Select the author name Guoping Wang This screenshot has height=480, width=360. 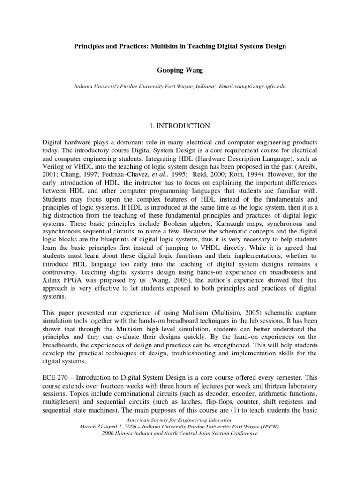tap(180, 70)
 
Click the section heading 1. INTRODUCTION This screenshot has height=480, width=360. tap(180, 126)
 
